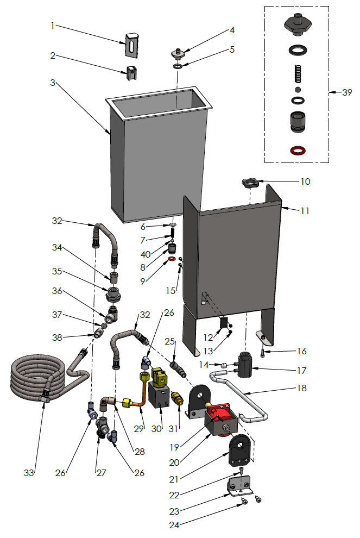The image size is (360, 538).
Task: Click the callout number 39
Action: (346, 92)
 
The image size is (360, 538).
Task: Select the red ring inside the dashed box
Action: (297, 149)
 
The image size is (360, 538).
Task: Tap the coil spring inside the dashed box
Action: (297, 72)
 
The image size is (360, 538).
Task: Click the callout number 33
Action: (29, 473)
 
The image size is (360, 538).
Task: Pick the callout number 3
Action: (53, 83)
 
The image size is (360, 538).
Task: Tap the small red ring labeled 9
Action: (172, 260)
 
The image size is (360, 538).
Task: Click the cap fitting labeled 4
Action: (177, 53)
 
